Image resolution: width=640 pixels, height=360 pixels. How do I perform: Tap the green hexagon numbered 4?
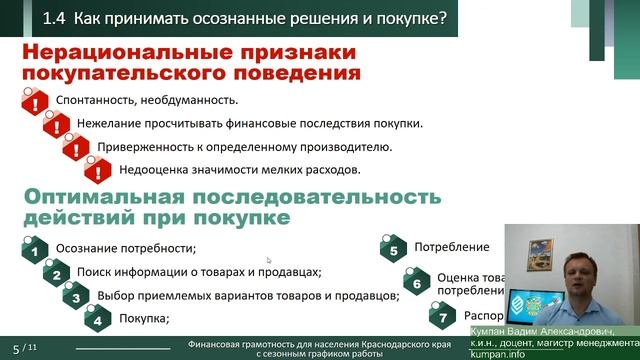(x=97, y=319)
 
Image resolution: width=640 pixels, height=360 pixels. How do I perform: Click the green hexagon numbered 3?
(x=75, y=297)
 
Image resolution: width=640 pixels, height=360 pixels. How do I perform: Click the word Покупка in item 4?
(x=142, y=319)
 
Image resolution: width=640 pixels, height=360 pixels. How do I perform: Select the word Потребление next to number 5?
(x=451, y=247)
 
